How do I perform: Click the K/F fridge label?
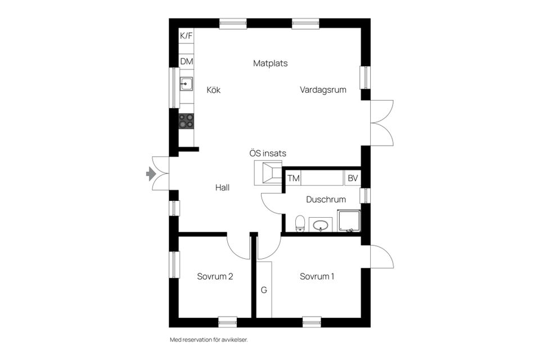pos(186,36)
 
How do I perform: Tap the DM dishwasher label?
pos(186,61)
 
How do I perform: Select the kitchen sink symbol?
pos(186,84)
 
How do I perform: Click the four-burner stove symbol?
pos(186,121)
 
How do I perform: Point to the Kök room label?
pos(213,89)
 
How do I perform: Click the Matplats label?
pos(270,63)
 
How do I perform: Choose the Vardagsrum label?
pos(323,89)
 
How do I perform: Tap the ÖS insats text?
pos(268,152)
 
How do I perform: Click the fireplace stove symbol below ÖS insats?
pos(268,172)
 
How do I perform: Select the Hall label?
pos(222,187)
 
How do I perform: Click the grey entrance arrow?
pos(151,174)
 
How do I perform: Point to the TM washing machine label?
pos(293,178)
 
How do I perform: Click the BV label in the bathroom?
pos(353,178)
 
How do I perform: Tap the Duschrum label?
pos(326,199)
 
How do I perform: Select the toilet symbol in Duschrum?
pos(300,223)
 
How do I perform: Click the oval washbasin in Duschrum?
pos(321,226)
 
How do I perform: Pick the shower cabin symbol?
pos(348,221)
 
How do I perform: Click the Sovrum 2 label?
pos(215,276)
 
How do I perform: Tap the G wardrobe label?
pos(263,290)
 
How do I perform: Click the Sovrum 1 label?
pos(317,276)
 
